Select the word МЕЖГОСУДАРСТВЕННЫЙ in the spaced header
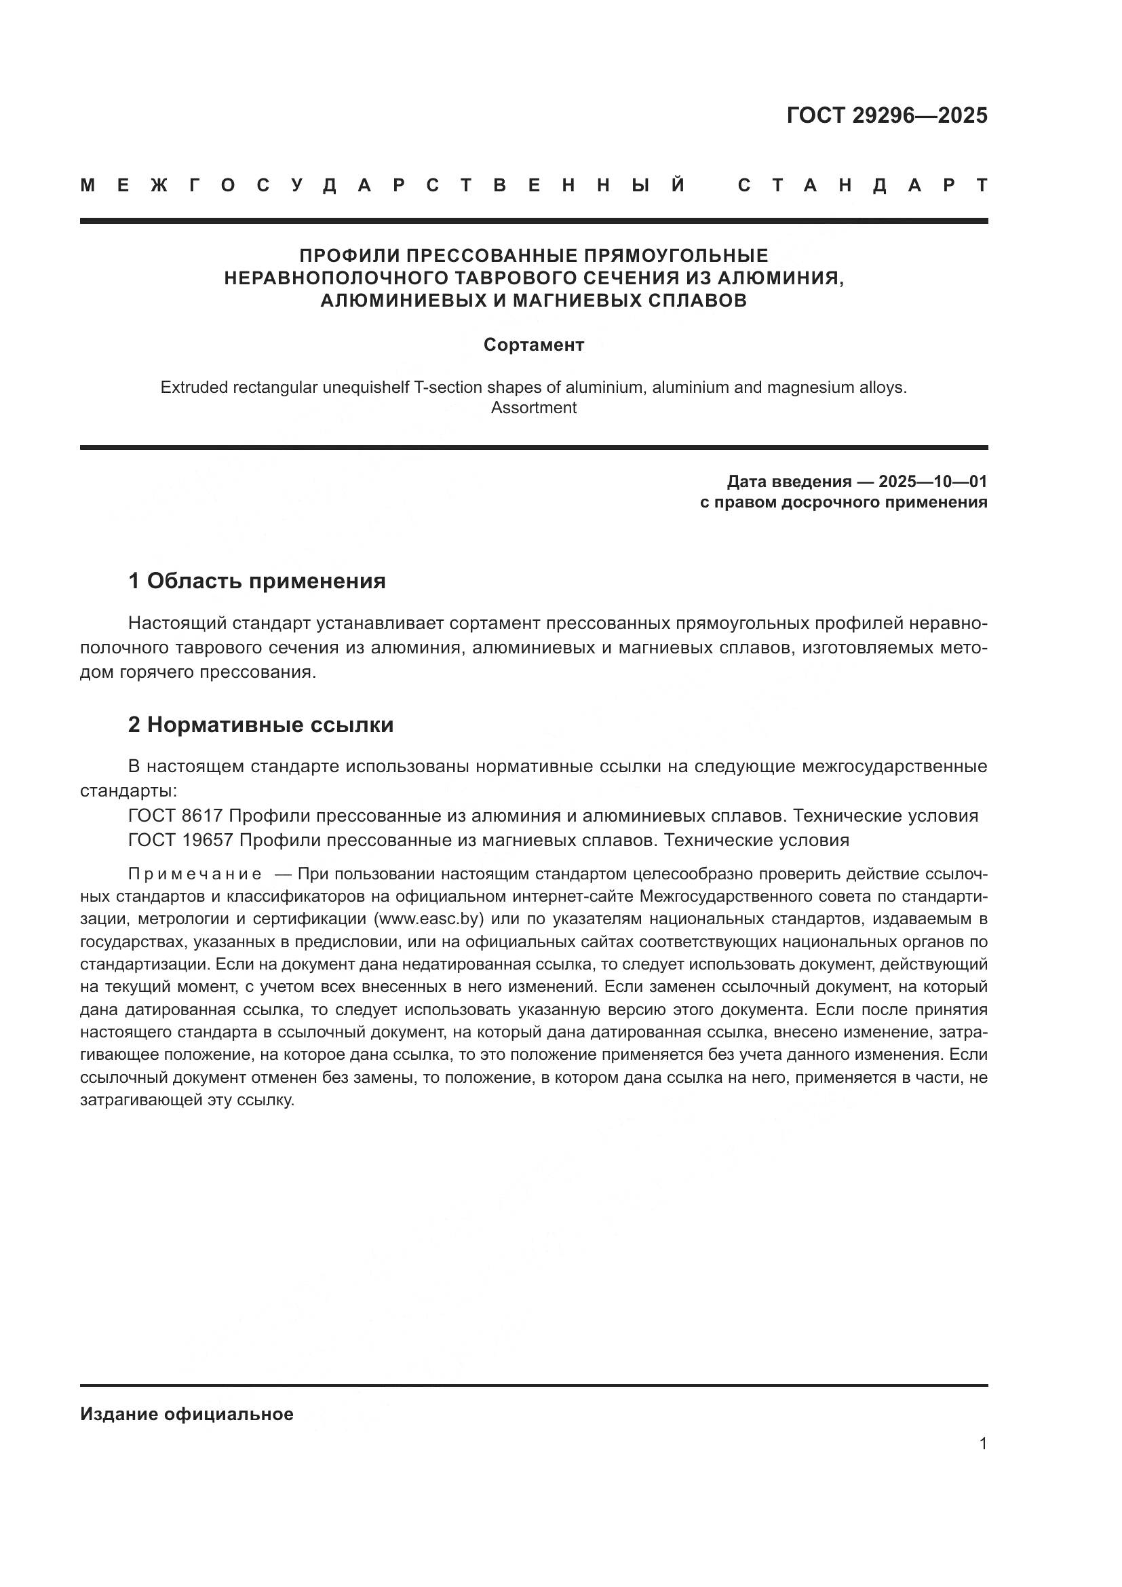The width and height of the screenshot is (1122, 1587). tap(383, 185)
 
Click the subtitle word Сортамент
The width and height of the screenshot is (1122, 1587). tap(533, 345)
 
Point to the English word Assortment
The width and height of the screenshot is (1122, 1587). tap(533, 408)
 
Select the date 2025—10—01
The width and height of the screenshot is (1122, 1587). tap(933, 482)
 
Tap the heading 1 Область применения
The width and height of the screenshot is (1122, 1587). tap(257, 581)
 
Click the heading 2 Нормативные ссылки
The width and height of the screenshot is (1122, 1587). tap(260, 725)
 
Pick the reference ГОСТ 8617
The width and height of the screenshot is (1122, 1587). tap(176, 816)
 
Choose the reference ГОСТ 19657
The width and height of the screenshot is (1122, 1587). tap(182, 841)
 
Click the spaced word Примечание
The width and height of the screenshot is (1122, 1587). tap(195, 875)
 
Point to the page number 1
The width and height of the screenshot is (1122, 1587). tap(983, 1444)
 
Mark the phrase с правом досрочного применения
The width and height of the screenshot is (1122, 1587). tap(844, 503)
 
